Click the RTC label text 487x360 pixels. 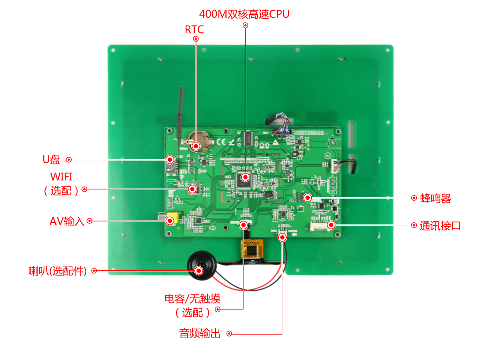(x=194, y=29)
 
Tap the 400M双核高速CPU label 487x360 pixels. (x=244, y=14)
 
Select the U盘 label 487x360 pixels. (x=51, y=160)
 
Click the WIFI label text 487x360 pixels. (x=61, y=177)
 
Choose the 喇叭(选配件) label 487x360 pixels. (x=57, y=271)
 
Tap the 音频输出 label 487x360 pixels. (x=200, y=333)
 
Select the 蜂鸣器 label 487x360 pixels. (x=436, y=199)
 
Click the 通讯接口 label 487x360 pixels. (x=440, y=225)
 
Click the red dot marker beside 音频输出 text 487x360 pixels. (x=229, y=334)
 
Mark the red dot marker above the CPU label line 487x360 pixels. (x=246, y=25)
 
